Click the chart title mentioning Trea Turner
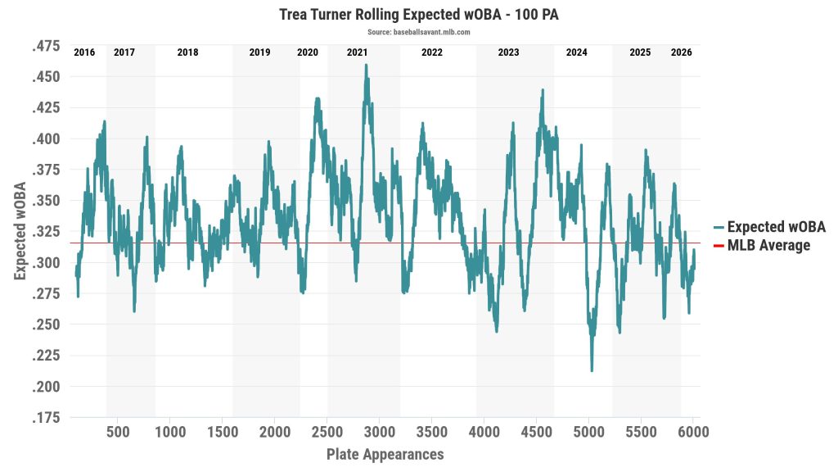pyautogui.click(x=418, y=15)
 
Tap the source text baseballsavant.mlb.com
pyautogui.click(x=418, y=32)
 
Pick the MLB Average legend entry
pyautogui.click(x=768, y=245)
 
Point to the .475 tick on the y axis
pyautogui.click(x=46, y=47)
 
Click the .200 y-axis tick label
pyautogui.click(x=46, y=387)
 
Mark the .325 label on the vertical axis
pyautogui.click(x=46, y=232)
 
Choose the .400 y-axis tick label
pyautogui.click(x=46, y=139)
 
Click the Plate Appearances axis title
pyautogui.click(x=385, y=454)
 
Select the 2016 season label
pyautogui.click(x=84, y=52)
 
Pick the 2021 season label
pyautogui.click(x=357, y=52)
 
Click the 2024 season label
pyautogui.click(x=576, y=52)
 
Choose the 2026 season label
pyautogui.click(x=681, y=52)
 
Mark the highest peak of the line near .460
pyautogui.click(x=366, y=65)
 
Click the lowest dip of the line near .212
pyautogui.click(x=592, y=370)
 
